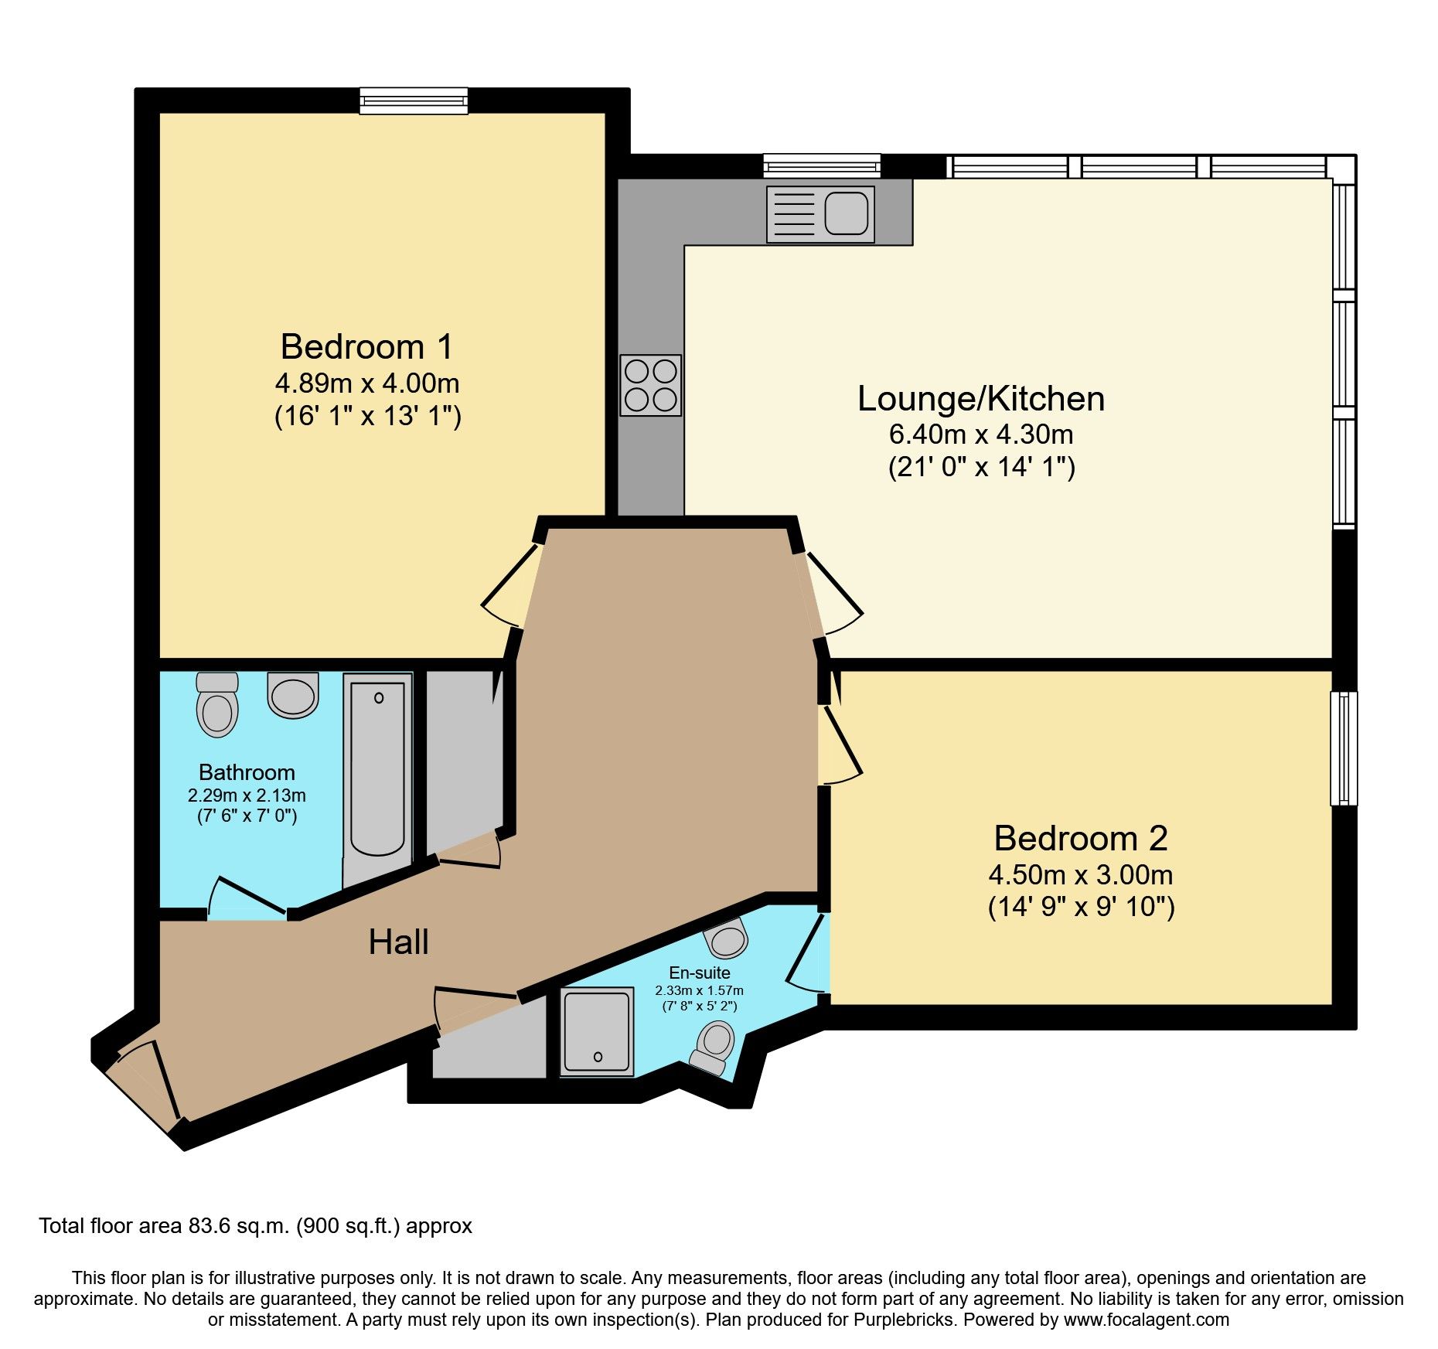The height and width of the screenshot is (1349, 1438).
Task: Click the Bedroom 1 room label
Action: [366, 347]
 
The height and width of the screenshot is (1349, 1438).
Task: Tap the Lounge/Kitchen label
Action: [980, 399]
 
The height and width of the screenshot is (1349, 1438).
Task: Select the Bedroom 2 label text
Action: [1080, 839]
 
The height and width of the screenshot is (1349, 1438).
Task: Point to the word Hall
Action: [398, 942]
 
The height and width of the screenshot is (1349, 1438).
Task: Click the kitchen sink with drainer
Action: [820, 214]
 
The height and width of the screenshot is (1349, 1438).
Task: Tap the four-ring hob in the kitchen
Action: [650, 385]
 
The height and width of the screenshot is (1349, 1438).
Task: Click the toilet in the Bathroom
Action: [217, 704]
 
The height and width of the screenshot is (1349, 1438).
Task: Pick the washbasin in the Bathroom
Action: [293, 694]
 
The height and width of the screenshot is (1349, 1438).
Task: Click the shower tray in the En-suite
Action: [596, 1032]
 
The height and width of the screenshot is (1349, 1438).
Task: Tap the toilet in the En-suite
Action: [714, 1047]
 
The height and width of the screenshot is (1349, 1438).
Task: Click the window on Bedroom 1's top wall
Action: [414, 100]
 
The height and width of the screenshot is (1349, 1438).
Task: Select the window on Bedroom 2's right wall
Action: [1344, 748]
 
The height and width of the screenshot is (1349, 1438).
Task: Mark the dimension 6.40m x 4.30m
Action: [980, 434]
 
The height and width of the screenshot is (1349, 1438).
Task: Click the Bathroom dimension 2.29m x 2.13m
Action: [247, 795]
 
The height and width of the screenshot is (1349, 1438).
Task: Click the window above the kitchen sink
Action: [821, 165]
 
